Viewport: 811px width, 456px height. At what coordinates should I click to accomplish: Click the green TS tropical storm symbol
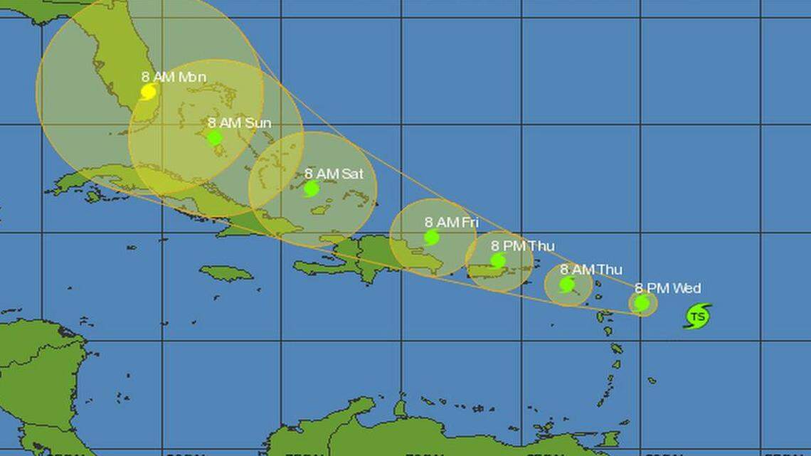(698, 316)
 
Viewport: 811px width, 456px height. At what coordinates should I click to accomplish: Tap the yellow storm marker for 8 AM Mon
(149, 92)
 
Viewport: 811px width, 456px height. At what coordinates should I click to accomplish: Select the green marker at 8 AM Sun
(215, 138)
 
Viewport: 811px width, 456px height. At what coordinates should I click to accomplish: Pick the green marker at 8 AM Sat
(311, 189)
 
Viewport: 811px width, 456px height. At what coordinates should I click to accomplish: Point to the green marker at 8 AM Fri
(431, 238)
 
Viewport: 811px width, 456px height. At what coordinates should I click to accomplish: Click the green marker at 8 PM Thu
(498, 261)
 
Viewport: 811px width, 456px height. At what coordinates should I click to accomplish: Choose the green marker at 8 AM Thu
(567, 285)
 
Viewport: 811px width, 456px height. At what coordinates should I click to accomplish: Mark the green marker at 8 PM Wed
(642, 304)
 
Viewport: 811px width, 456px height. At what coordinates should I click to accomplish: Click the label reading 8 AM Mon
(174, 77)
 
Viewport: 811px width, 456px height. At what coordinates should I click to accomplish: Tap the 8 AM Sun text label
(239, 123)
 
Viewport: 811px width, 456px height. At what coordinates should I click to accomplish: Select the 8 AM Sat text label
(334, 174)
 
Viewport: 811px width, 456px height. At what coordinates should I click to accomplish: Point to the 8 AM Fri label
(451, 223)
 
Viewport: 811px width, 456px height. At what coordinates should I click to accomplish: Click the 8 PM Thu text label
(522, 246)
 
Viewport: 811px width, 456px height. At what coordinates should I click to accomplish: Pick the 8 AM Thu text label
(590, 270)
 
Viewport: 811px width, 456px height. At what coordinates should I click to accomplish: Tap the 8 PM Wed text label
(667, 288)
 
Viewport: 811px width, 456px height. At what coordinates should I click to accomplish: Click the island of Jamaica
(226, 273)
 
